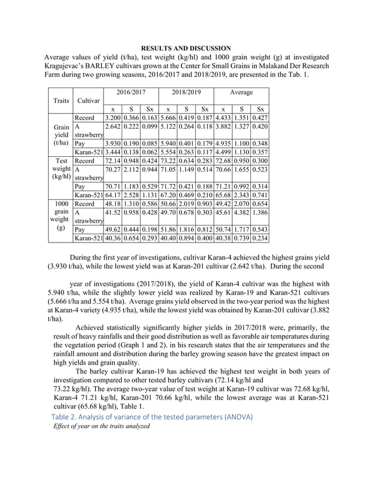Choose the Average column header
pos(241,93)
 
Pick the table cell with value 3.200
pos(112,118)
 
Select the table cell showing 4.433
pos(223,118)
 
